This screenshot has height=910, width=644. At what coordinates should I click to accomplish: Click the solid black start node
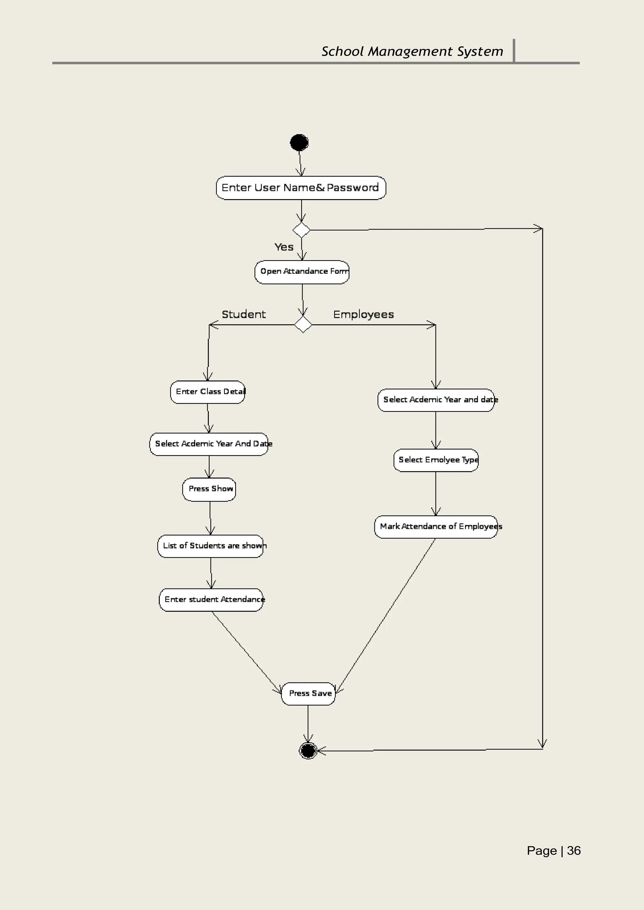(x=299, y=143)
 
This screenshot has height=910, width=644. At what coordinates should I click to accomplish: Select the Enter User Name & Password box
(x=301, y=188)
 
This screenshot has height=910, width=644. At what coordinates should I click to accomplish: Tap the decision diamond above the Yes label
(x=301, y=230)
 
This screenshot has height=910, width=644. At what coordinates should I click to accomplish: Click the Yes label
(x=284, y=247)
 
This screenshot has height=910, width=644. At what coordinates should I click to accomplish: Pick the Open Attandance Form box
(x=302, y=272)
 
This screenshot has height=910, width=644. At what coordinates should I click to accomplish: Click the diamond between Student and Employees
(x=303, y=325)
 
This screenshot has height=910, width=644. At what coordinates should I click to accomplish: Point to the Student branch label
(x=244, y=314)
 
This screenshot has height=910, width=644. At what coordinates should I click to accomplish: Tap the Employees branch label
(x=364, y=314)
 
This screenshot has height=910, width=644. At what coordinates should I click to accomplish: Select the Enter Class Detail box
(x=208, y=392)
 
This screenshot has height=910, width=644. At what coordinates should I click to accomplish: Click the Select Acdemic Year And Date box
(x=209, y=444)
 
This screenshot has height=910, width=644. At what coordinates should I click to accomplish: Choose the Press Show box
(x=209, y=489)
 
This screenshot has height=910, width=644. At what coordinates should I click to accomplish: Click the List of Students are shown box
(x=211, y=546)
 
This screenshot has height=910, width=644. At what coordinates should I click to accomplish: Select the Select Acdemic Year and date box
(x=436, y=400)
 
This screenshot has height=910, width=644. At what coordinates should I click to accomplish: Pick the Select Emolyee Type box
(x=436, y=460)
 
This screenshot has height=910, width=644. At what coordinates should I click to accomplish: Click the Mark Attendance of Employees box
(x=436, y=526)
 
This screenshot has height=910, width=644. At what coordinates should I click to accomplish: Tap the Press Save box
(x=308, y=693)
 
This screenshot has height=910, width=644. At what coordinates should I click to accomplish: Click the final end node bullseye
(x=308, y=750)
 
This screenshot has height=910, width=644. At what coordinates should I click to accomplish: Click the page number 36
(x=574, y=851)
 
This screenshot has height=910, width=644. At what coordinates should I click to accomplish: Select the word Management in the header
(x=410, y=51)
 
